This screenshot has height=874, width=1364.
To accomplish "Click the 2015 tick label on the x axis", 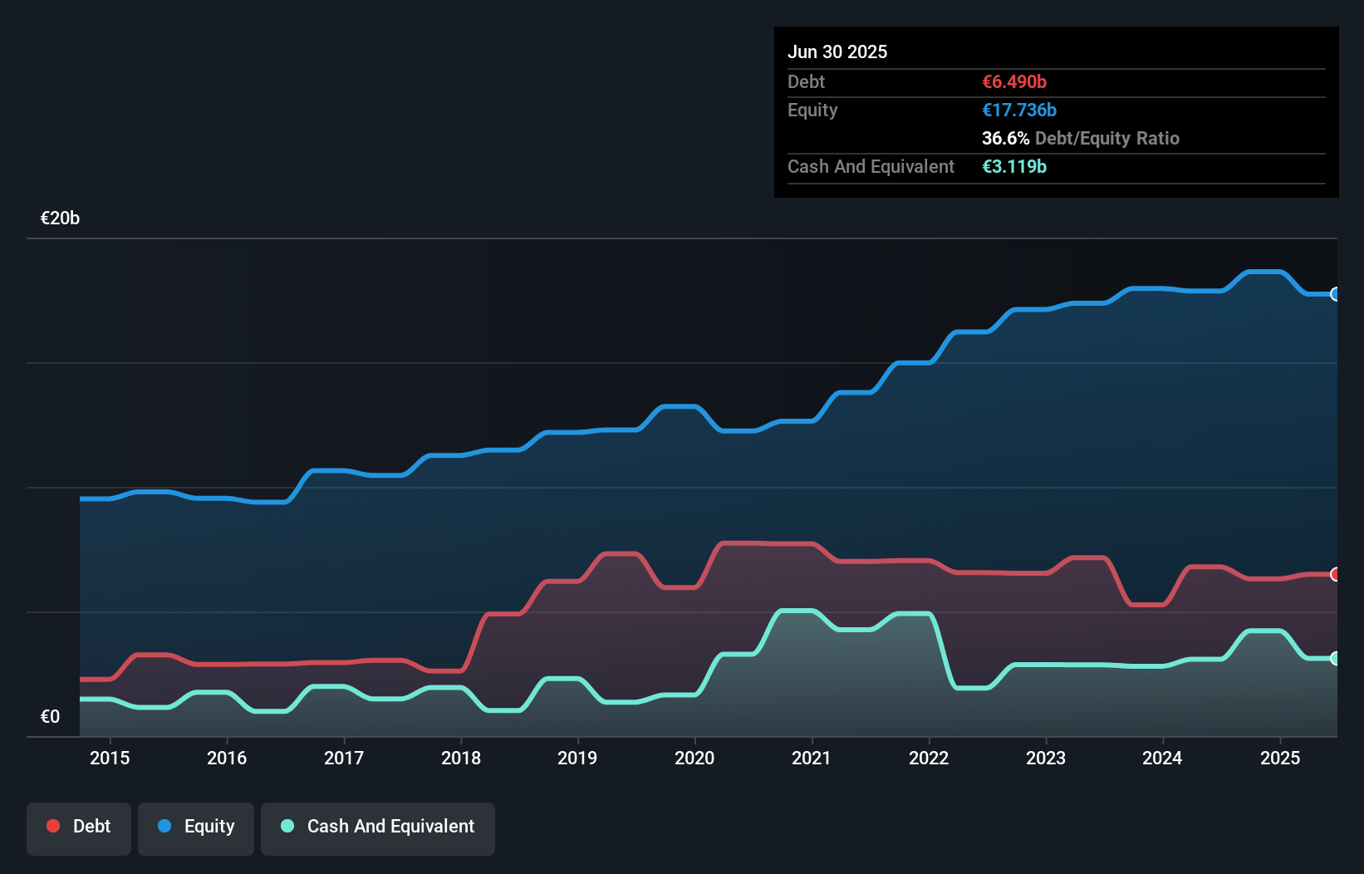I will pyautogui.click(x=110, y=758).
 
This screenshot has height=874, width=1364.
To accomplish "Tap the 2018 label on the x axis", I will pyautogui.click(x=461, y=758).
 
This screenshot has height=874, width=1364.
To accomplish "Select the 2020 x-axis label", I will pyautogui.click(x=694, y=758).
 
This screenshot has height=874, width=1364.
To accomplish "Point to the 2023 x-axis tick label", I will pyautogui.click(x=1046, y=758).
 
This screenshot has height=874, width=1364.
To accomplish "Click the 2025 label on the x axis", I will pyautogui.click(x=1280, y=758).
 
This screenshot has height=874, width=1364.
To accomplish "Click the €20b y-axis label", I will pyautogui.click(x=60, y=218).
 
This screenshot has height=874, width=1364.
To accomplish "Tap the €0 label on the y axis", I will pyautogui.click(x=50, y=716).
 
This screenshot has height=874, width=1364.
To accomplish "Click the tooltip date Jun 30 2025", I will pyautogui.click(x=837, y=52).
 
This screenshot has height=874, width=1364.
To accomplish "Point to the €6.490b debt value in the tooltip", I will pyautogui.click(x=1014, y=81).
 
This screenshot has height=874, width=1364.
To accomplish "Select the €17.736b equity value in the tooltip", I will pyautogui.click(x=1019, y=110).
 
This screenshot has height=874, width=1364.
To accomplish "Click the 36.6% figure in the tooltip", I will pyautogui.click(x=1005, y=138).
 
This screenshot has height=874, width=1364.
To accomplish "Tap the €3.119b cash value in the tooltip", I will pyautogui.click(x=1014, y=166).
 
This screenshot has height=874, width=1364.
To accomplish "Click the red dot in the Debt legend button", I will pyautogui.click(x=53, y=826).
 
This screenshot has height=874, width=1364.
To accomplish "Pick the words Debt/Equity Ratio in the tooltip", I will pyautogui.click(x=1106, y=138).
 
